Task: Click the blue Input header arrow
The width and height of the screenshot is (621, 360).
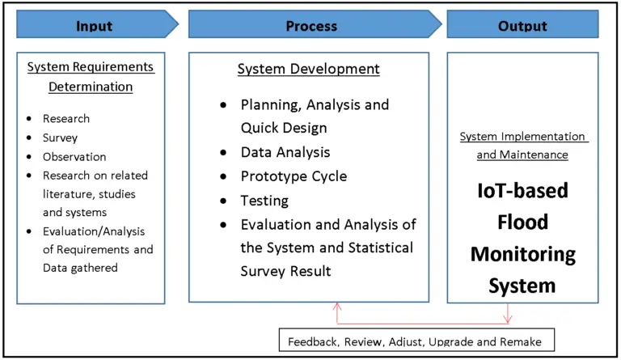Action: (95, 25)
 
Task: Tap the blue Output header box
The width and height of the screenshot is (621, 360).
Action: (522, 25)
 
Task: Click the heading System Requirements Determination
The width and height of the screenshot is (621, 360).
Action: (91, 76)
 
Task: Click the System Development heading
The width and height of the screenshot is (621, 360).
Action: (308, 70)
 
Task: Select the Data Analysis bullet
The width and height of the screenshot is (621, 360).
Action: (285, 152)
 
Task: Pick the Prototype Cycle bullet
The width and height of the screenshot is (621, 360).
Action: (294, 176)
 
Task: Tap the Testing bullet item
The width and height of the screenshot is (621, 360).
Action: (264, 200)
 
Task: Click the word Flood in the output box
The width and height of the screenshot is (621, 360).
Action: (523, 222)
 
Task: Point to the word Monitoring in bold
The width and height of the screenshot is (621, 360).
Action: (523, 254)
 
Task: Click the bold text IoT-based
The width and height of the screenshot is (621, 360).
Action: (523, 191)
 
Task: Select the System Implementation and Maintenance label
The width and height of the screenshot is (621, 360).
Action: (523, 146)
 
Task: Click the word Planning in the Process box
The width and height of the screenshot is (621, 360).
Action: (266, 105)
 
